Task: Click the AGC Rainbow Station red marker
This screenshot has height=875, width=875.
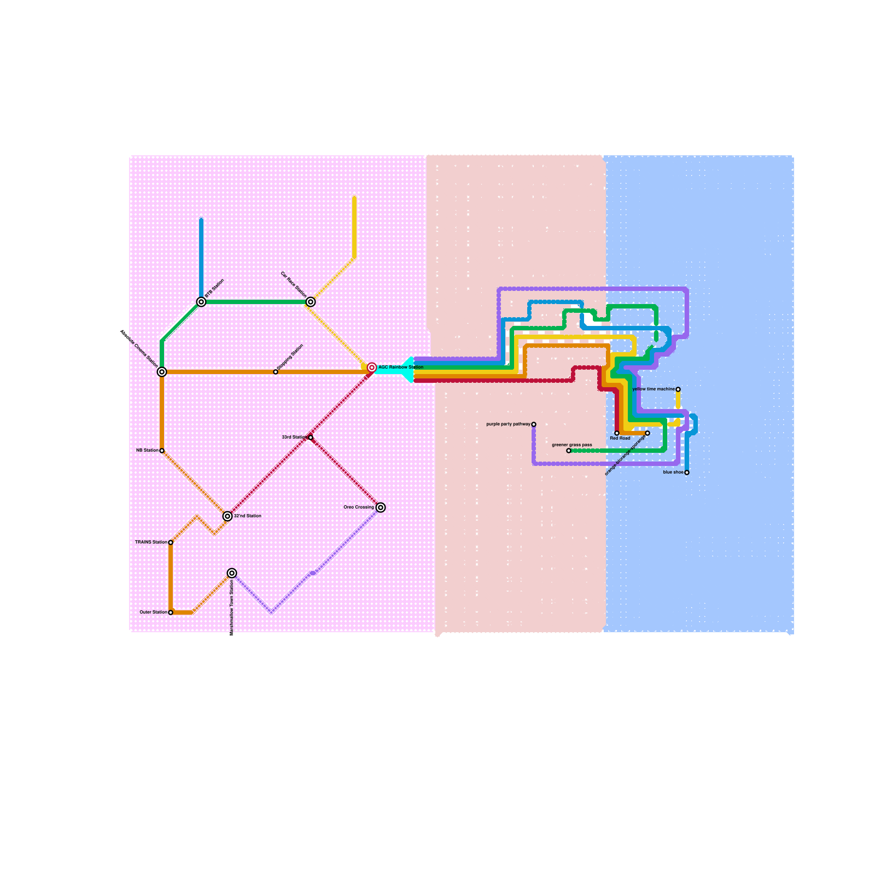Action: point(372,367)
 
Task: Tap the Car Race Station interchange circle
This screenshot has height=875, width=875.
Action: point(311,302)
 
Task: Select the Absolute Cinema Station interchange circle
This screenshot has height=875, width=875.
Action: point(162,372)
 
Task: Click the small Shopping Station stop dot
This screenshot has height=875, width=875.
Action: point(276,372)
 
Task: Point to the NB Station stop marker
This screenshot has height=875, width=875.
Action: point(162,451)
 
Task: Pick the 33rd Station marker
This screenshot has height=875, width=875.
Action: point(311,437)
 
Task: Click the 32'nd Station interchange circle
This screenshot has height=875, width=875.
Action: point(227,516)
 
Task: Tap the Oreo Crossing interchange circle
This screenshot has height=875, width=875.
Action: point(381,507)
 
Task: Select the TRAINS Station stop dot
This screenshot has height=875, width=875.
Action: point(171,542)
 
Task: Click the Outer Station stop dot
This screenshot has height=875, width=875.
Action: point(171,612)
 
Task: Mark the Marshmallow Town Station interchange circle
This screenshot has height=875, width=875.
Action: point(232,573)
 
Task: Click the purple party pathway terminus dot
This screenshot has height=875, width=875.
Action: point(534,424)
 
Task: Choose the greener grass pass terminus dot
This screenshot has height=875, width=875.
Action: point(569,451)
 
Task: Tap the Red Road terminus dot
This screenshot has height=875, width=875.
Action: point(617,433)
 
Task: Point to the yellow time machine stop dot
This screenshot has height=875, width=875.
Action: point(678,389)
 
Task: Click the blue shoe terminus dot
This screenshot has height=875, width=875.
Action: point(687,472)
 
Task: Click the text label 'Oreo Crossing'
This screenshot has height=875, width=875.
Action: point(359,507)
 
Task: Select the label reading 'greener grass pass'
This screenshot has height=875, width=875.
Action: point(571,445)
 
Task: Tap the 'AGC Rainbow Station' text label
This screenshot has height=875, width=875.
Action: point(401,367)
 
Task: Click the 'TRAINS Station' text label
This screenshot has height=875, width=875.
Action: point(151,542)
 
